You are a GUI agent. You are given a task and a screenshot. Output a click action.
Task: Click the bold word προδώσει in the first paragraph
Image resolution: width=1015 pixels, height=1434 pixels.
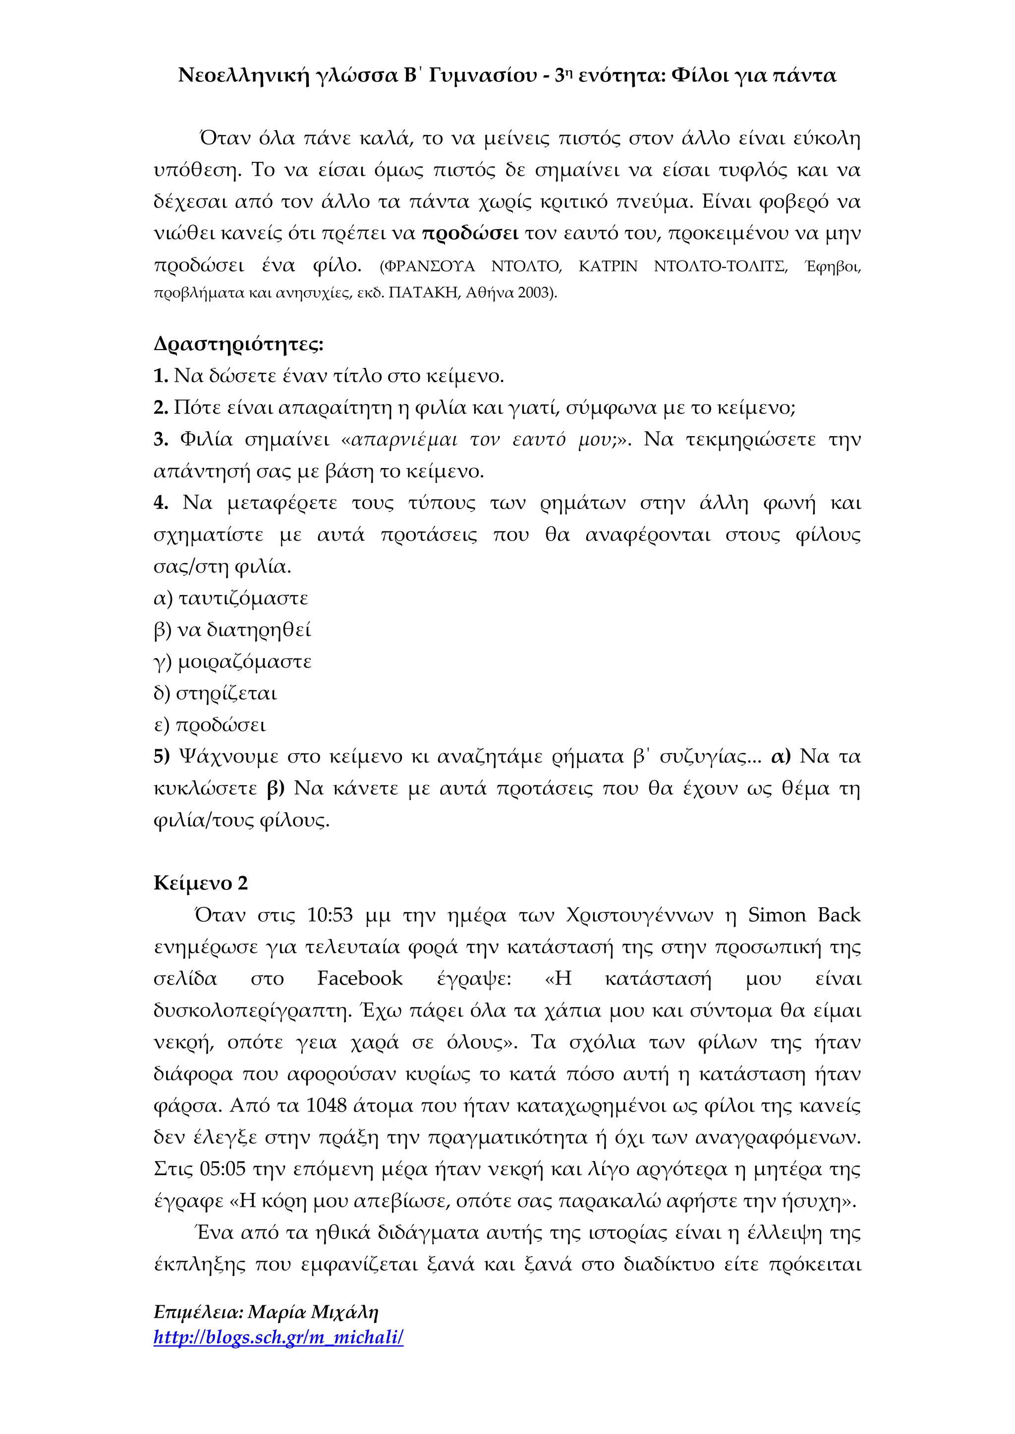470,234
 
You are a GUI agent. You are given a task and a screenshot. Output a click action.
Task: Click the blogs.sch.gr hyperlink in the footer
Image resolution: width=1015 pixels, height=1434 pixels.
278,1337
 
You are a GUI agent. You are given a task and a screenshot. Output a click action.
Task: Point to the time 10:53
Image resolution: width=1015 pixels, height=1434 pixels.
330,915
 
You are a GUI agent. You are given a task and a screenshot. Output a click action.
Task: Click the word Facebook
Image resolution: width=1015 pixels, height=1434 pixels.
359,978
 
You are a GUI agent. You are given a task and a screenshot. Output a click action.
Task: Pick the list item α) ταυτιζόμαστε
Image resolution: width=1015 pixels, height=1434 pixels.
230,598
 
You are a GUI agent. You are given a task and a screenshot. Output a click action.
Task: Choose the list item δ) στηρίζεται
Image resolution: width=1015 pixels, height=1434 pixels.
215,693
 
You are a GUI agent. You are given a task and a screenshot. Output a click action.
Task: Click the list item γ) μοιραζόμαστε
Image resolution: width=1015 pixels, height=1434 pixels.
232,662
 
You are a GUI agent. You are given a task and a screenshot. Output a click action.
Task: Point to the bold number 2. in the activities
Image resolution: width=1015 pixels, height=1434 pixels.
161,408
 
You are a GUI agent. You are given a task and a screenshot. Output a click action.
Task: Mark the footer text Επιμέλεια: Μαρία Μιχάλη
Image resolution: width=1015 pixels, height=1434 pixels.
266,1312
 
